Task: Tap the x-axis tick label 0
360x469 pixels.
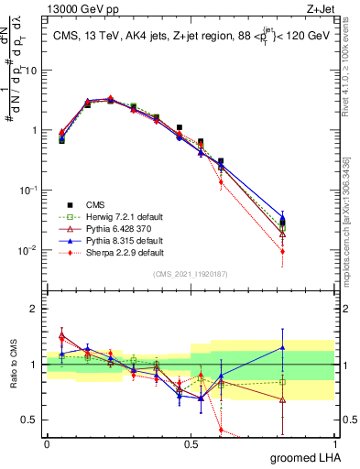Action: (47, 444)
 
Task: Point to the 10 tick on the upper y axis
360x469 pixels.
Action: (33, 71)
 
